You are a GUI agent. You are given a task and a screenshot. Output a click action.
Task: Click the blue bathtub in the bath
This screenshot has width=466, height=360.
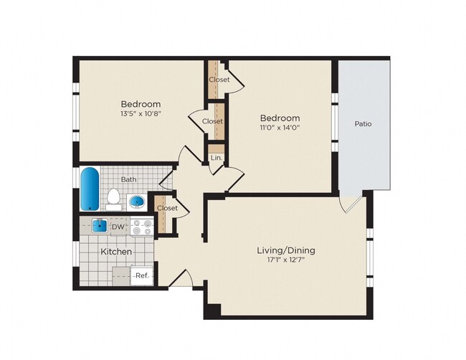point(90,189)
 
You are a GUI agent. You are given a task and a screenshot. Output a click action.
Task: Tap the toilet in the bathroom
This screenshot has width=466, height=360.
point(113,197)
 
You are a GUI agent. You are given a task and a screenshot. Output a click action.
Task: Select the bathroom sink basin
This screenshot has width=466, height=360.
point(136,202)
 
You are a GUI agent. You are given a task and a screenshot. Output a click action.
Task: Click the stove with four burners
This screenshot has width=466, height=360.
point(143,227)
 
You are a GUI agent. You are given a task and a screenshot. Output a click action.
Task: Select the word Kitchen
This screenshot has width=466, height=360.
point(115,252)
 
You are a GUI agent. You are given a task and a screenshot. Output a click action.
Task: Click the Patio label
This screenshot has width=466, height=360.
point(363,124)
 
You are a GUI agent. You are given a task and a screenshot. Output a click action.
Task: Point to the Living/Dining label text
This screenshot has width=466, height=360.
point(286,250)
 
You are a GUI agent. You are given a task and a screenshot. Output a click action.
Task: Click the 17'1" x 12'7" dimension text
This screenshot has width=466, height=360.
point(286,261)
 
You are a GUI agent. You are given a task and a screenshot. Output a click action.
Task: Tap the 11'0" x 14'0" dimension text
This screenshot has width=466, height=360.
point(280,128)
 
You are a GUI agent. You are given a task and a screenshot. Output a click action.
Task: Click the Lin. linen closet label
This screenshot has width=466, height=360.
point(216,158)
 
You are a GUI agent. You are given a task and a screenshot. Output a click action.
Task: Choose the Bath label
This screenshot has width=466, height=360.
point(129,179)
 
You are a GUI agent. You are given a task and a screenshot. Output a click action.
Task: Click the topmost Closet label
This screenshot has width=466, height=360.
point(219,80)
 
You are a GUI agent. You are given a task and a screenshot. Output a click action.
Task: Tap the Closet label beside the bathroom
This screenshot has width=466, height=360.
point(167,208)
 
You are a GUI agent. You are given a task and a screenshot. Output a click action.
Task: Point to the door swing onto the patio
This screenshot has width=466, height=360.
point(349,204)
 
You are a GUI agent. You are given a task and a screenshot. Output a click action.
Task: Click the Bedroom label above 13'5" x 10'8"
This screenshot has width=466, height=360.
point(141,104)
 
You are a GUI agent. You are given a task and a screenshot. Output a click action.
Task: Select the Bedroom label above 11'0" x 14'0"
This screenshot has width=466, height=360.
point(280,118)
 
